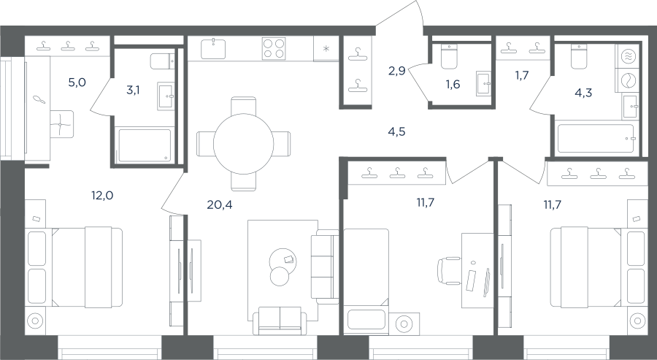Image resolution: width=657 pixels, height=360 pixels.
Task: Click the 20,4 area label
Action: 220,204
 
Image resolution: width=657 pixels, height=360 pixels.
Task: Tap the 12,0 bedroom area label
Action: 102,195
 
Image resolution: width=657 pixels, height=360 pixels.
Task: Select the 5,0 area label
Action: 77,82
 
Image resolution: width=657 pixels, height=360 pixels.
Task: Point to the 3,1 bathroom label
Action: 134,90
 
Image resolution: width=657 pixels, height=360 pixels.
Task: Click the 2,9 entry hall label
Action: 396,71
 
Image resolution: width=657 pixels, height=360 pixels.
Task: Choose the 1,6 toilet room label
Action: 453,84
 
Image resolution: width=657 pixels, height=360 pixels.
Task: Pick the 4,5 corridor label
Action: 397,132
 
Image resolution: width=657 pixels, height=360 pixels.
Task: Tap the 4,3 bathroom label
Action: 583,93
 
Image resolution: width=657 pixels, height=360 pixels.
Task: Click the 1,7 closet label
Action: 522,75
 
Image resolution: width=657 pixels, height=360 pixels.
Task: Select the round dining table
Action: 243,144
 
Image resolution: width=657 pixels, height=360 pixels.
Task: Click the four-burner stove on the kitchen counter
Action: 274,48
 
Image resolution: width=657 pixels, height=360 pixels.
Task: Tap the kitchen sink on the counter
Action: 213,49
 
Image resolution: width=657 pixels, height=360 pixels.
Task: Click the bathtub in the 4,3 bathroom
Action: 596,138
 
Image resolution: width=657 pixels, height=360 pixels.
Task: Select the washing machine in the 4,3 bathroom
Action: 627,80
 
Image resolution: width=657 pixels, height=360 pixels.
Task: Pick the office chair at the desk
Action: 447,271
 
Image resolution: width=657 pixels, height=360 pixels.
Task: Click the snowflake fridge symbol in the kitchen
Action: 326,49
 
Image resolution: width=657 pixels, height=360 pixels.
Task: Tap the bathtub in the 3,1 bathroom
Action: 145,145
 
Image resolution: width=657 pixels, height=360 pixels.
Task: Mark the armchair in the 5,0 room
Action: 61,124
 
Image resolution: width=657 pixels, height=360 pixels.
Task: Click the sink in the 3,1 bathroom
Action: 166,96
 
